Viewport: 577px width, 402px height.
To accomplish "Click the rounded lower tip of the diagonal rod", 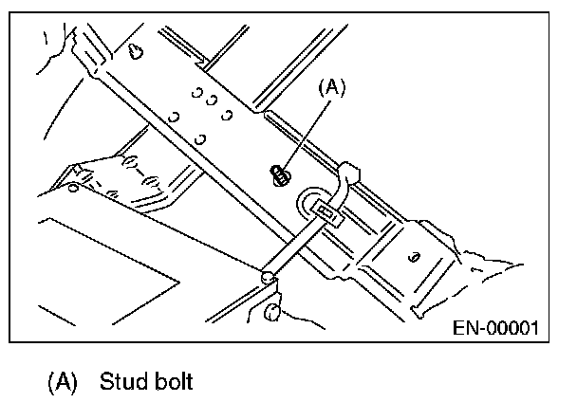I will tap(269, 277).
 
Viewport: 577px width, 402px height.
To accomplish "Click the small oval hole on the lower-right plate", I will tap(415, 256).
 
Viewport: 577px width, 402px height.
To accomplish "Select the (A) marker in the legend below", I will tap(62, 382).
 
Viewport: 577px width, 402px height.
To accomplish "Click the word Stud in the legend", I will tap(121, 382).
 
